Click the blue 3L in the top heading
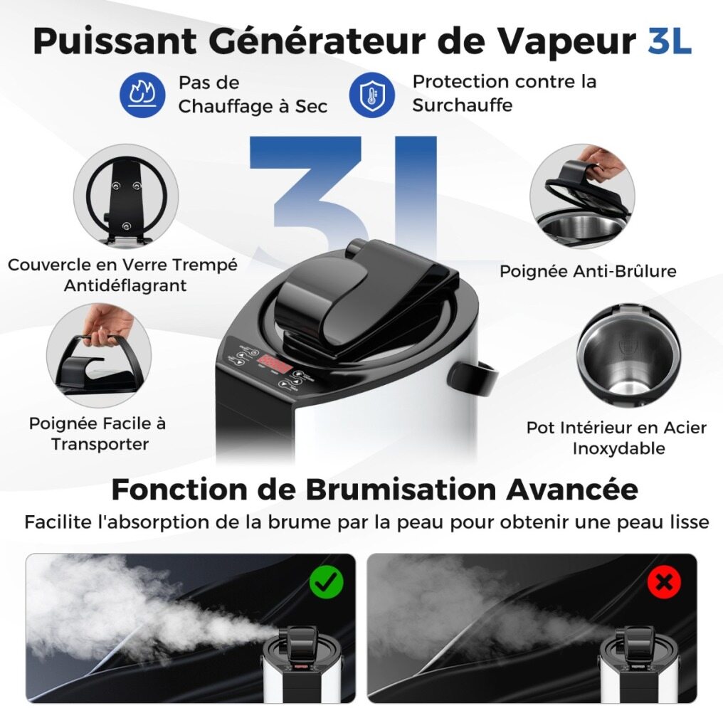pyautogui.click(x=670, y=41)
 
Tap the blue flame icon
pyautogui.click(x=142, y=94)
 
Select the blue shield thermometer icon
pyautogui.click(x=371, y=95)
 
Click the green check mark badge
pyautogui.click(x=327, y=582)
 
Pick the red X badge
pyautogui.click(x=665, y=582)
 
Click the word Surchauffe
pyautogui.click(x=463, y=105)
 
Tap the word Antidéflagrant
pyautogui.click(x=125, y=285)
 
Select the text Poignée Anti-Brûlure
pyautogui.click(x=588, y=270)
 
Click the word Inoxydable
pyautogui.click(x=619, y=448)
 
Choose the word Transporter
pyautogui.click(x=100, y=444)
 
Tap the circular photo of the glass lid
pyautogui.click(x=126, y=196)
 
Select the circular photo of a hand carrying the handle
pyautogui.click(x=99, y=356)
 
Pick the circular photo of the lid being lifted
pyautogui.click(x=582, y=196)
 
